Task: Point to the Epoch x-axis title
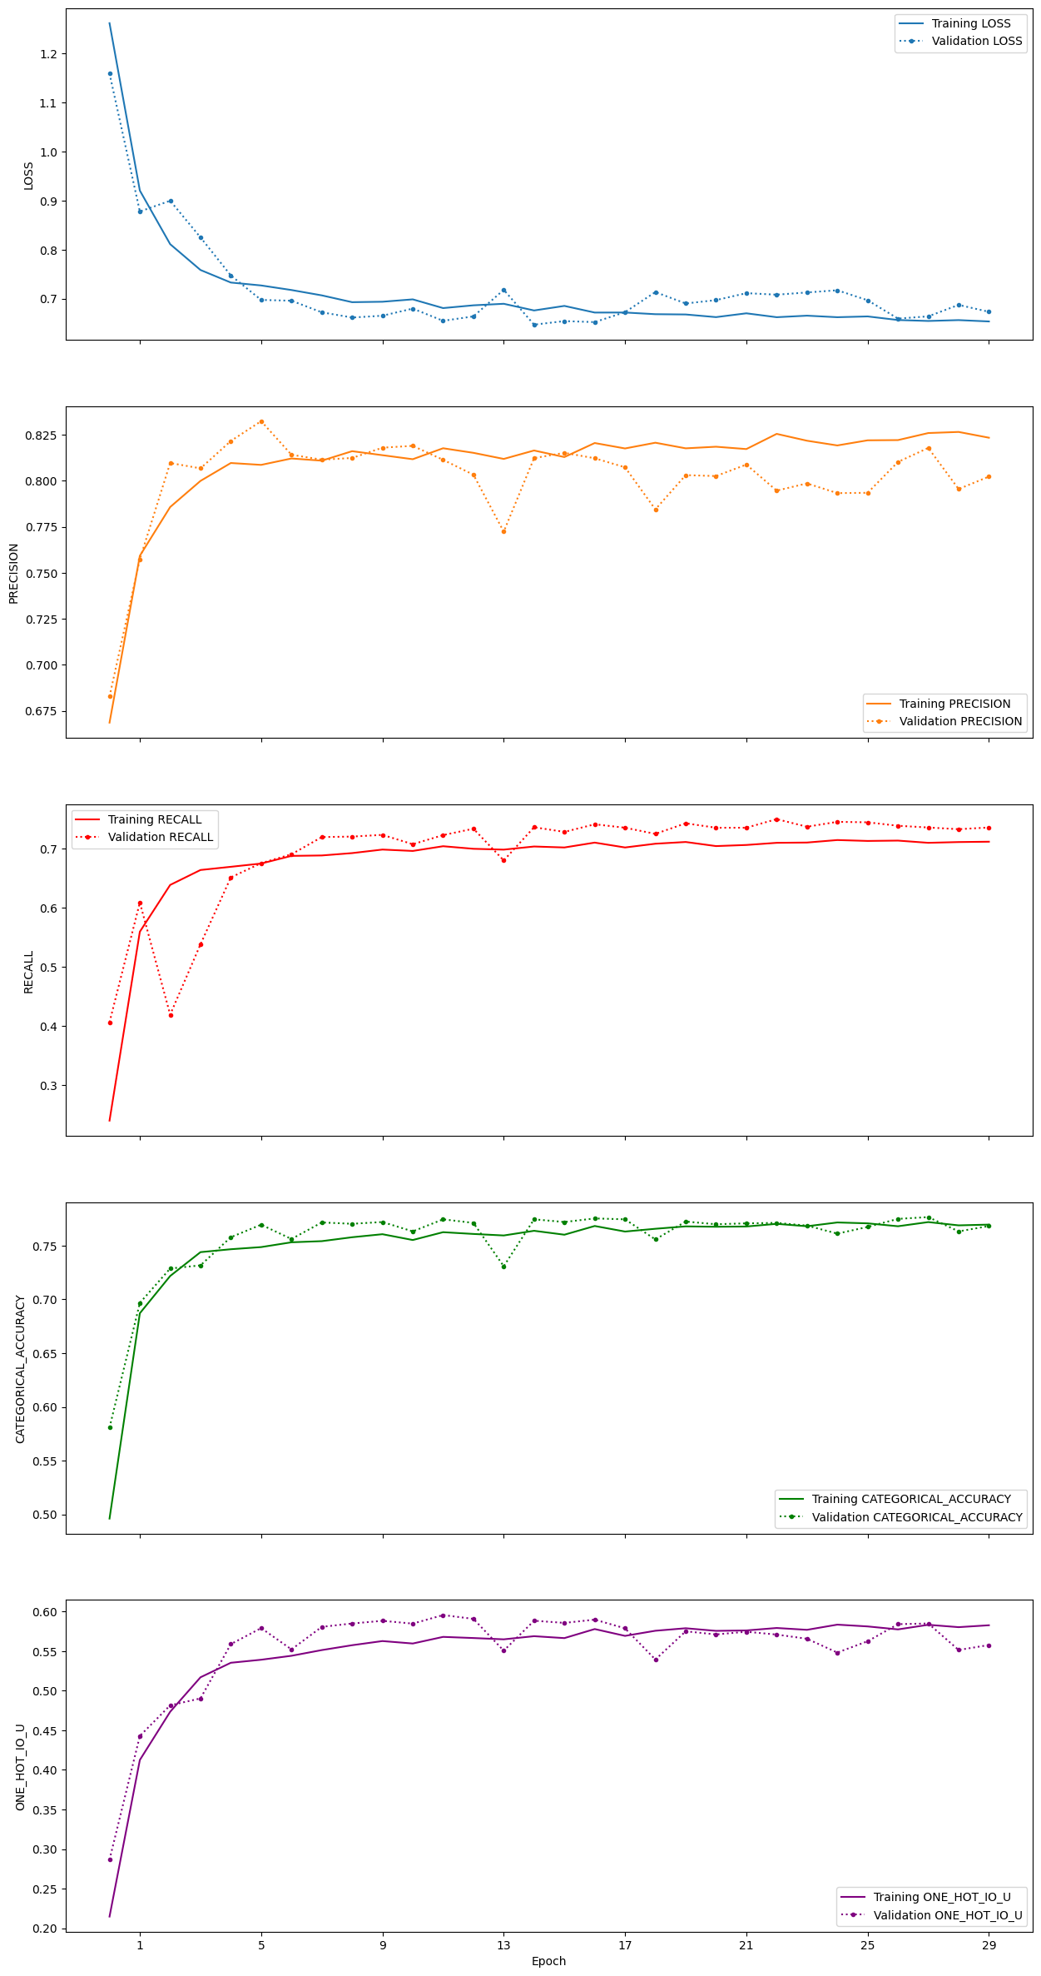548,1961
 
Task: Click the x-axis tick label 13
503,1945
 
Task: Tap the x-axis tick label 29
989,1945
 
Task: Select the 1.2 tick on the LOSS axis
47,54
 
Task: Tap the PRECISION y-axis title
14,573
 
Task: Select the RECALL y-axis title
28,972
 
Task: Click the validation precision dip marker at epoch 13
503,531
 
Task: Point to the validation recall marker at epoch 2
171,1015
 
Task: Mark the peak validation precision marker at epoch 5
261,421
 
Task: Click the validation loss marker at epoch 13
503,290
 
